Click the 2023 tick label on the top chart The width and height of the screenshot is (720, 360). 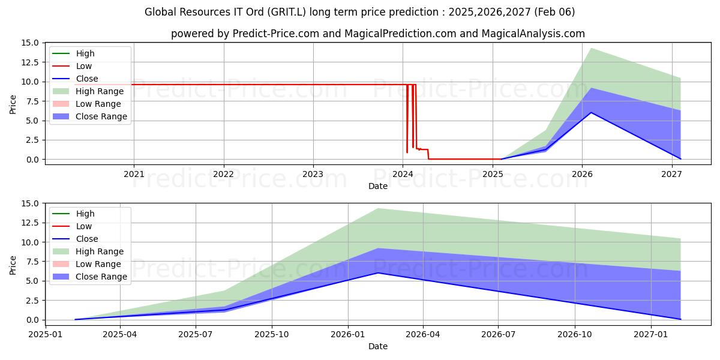click(x=313, y=174)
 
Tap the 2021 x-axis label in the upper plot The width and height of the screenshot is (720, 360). click(x=134, y=174)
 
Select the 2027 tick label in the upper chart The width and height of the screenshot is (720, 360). click(x=672, y=174)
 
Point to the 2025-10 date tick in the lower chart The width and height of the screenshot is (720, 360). click(x=272, y=335)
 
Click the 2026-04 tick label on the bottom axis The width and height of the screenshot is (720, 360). click(x=423, y=335)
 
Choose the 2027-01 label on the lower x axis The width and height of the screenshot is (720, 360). click(x=651, y=335)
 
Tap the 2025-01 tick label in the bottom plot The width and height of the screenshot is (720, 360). click(x=46, y=335)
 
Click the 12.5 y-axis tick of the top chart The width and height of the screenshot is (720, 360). click(x=30, y=62)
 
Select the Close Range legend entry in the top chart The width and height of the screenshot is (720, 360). click(x=90, y=116)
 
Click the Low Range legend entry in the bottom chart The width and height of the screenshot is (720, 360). click(x=87, y=264)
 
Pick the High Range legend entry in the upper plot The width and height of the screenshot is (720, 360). click(x=88, y=91)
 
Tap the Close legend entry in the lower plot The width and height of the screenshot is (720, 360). click(x=75, y=239)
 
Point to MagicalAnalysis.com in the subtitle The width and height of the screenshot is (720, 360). click(x=533, y=34)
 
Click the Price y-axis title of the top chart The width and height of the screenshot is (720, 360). click(x=13, y=104)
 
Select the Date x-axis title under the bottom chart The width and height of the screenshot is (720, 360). click(x=378, y=346)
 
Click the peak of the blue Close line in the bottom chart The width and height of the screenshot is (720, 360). click(x=379, y=273)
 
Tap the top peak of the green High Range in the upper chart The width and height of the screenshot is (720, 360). click(x=591, y=48)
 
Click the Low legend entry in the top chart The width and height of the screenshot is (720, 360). click(x=72, y=66)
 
